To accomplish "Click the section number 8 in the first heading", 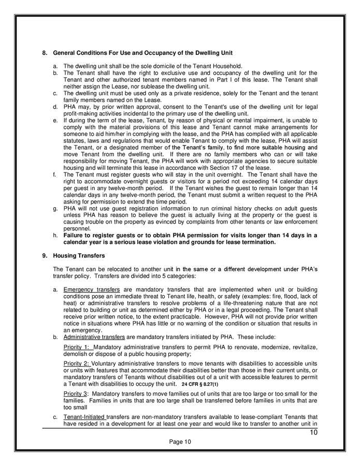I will pyautogui.click(x=44, y=53).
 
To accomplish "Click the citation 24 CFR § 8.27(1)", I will pyautogui.click(x=200, y=385).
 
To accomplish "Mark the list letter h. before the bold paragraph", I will pyautogui.click(x=55, y=235).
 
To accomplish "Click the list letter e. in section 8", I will pyautogui.click(x=55, y=120).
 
